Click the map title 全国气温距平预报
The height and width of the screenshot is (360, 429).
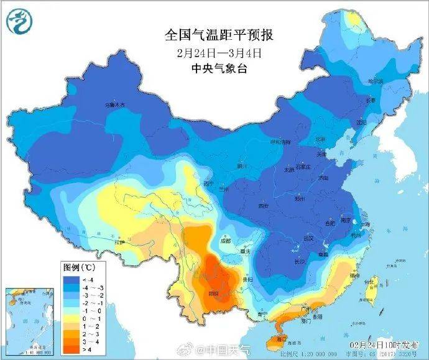tap(214, 35)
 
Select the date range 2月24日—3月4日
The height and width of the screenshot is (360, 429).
tap(214, 52)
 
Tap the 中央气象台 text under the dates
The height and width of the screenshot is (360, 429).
tap(214, 68)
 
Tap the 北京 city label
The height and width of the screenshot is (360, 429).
tap(320, 139)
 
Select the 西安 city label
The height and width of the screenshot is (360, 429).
tap(264, 205)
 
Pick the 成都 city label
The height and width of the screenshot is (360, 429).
tap(225, 241)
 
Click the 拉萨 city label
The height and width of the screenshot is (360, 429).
tap(119, 242)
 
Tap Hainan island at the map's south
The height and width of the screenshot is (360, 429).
tap(278, 339)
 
